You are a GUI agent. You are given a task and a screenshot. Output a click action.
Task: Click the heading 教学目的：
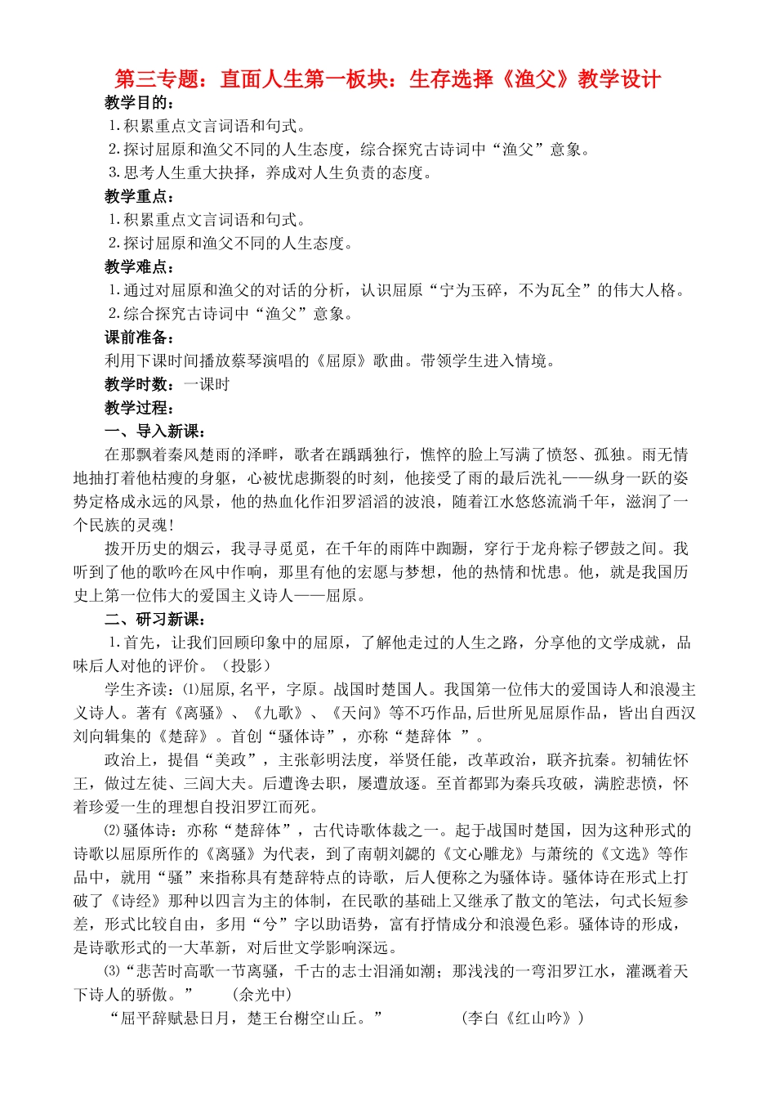click(140, 103)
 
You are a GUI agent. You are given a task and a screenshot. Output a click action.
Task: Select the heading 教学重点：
click(140, 197)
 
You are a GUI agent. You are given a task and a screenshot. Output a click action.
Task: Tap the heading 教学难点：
click(140, 267)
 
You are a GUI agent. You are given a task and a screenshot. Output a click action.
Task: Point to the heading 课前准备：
click(140, 338)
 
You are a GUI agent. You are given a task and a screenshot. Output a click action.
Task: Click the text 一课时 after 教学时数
click(207, 384)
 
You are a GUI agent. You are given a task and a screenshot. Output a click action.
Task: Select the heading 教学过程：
click(140, 408)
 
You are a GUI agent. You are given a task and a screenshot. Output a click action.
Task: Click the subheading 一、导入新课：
click(155, 432)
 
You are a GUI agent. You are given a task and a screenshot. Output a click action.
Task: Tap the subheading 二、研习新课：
click(155, 620)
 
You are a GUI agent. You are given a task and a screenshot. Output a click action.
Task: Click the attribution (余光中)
click(261, 995)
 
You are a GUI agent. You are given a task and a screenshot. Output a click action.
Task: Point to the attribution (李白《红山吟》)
click(523, 1019)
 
